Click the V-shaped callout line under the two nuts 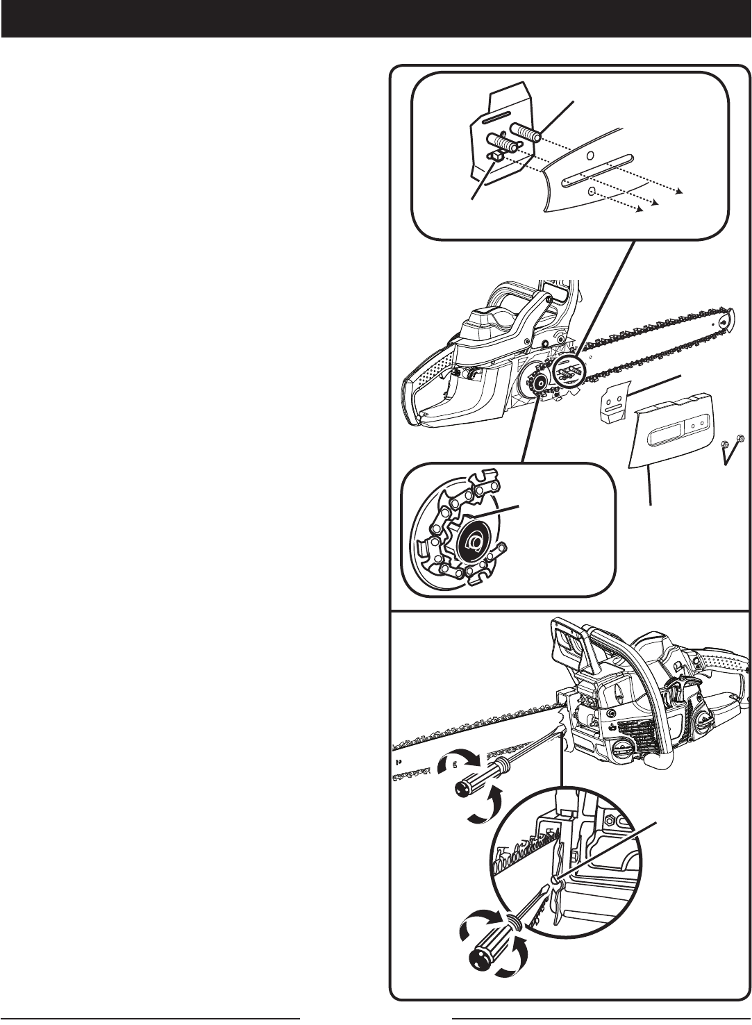click(x=729, y=455)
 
